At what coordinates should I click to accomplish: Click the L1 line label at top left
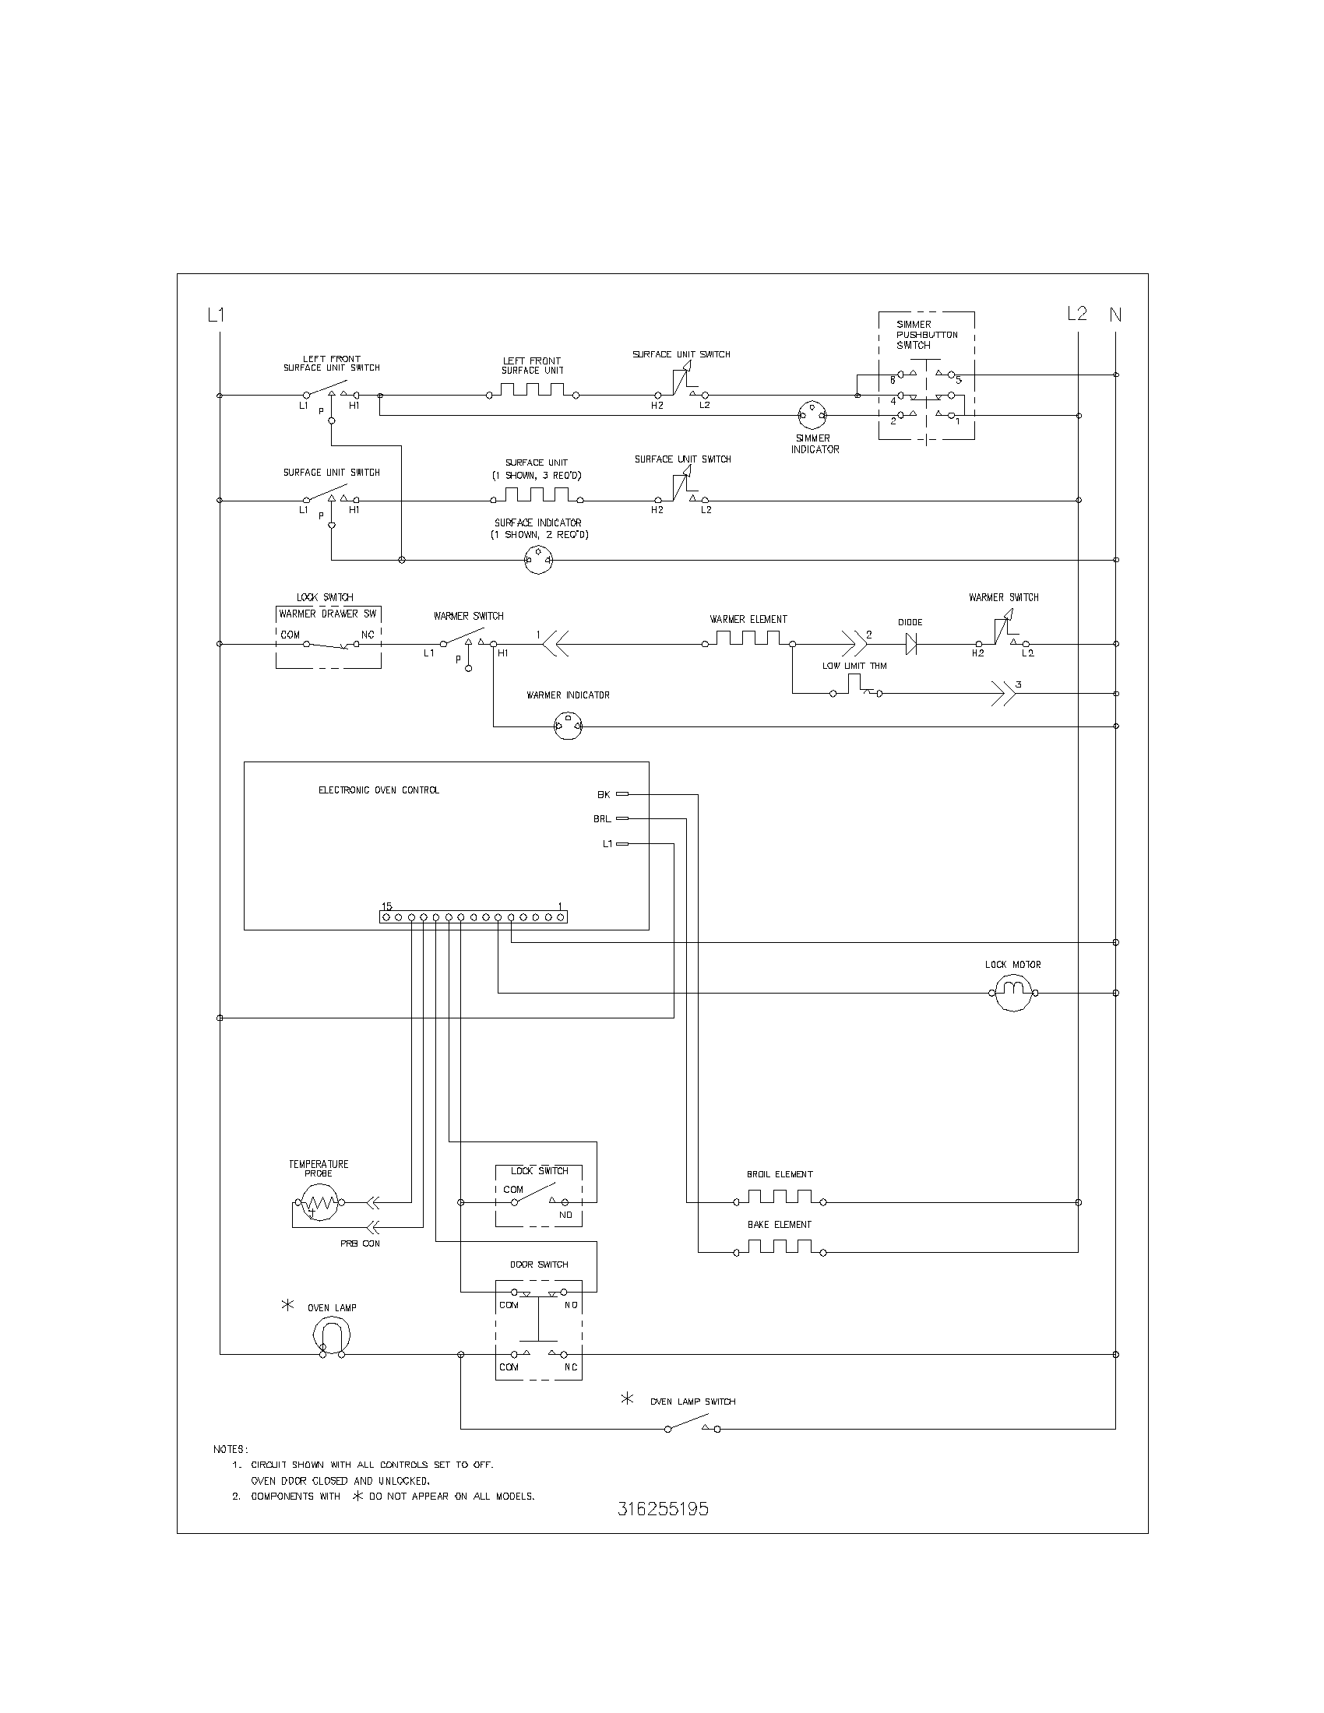pos(216,315)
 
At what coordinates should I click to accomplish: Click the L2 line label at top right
pos(1077,314)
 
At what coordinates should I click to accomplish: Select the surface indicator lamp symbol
pos(538,560)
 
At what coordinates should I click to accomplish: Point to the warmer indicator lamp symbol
pos(568,726)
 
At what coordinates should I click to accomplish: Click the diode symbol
pos(911,644)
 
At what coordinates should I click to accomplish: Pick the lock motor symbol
pos(1013,993)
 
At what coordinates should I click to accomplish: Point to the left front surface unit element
pos(533,392)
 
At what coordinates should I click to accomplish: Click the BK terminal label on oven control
pos(603,794)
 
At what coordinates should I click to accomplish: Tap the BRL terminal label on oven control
pos(601,819)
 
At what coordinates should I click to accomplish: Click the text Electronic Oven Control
pos(378,790)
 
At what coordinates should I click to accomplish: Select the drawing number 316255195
pos(663,1509)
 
